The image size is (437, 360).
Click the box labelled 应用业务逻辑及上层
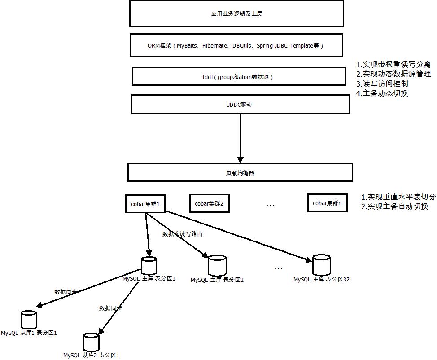(x=236, y=14)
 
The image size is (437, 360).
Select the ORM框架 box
(x=236, y=45)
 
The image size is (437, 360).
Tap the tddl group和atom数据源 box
(x=239, y=77)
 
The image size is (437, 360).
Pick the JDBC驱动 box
(x=240, y=104)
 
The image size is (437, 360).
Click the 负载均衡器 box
(x=240, y=172)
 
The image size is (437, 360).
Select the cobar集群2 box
(x=209, y=204)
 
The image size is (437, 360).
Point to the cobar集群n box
(x=328, y=203)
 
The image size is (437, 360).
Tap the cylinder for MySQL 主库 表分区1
(x=149, y=265)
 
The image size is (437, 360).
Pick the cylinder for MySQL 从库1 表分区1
(x=29, y=320)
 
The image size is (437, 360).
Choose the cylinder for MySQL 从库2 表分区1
(x=91, y=342)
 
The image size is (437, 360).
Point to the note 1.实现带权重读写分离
(x=393, y=65)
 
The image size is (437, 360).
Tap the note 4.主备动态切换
(x=382, y=93)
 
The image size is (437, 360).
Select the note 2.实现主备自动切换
(x=395, y=206)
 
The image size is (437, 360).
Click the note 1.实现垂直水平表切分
(x=398, y=197)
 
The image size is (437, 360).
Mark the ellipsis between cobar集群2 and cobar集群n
(x=270, y=205)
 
